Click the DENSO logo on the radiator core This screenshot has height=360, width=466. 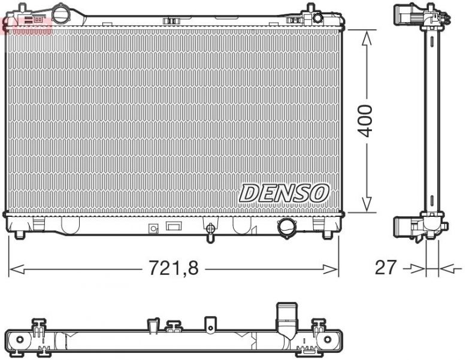(285, 193)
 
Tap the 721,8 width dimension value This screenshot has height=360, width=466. (174, 268)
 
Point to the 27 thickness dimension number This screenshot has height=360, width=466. (386, 267)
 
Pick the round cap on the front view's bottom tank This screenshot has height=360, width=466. (286, 227)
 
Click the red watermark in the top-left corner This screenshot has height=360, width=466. (27, 24)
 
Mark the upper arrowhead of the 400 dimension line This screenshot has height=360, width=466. (366, 36)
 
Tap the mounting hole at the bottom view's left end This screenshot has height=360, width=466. (19, 340)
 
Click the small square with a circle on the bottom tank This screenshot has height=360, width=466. (153, 228)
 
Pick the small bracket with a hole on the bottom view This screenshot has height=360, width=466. (210, 324)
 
